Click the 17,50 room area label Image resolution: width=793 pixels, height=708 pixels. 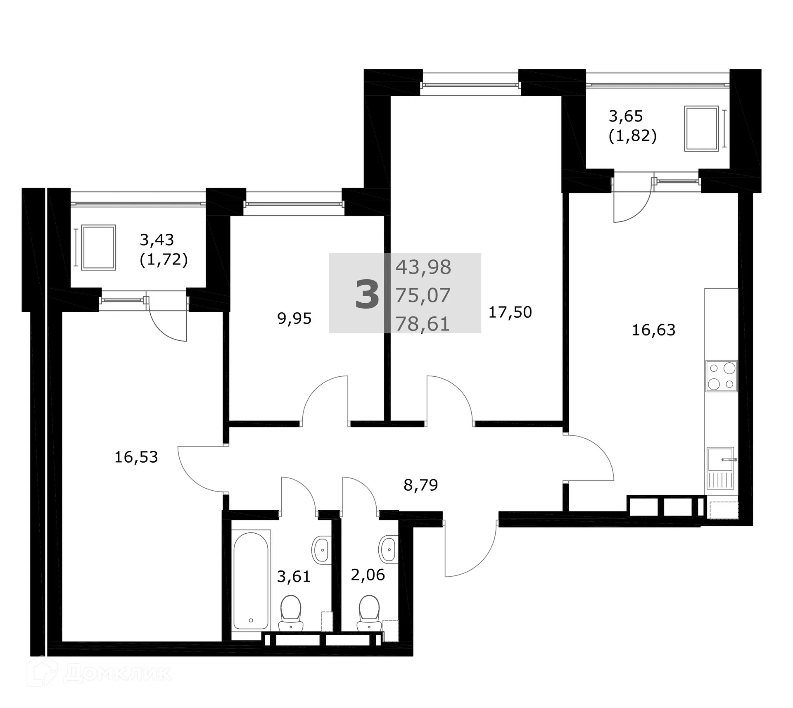(510, 312)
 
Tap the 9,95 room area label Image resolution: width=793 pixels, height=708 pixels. (294, 318)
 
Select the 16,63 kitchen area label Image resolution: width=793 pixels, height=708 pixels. (653, 330)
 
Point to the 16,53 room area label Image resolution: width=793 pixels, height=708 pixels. (136, 457)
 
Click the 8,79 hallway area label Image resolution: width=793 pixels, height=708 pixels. (420, 485)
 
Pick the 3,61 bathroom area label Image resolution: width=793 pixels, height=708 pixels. (293, 576)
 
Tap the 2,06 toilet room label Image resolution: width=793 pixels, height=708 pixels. (368, 575)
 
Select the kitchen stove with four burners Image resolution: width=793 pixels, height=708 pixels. (721, 376)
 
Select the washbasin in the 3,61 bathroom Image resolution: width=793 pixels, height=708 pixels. (321, 550)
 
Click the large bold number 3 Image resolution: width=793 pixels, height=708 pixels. (367, 294)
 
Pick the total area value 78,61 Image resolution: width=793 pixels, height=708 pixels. (423, 323)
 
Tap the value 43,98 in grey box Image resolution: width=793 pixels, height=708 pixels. (423, 267)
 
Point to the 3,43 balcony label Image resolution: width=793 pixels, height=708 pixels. (157, 240)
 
